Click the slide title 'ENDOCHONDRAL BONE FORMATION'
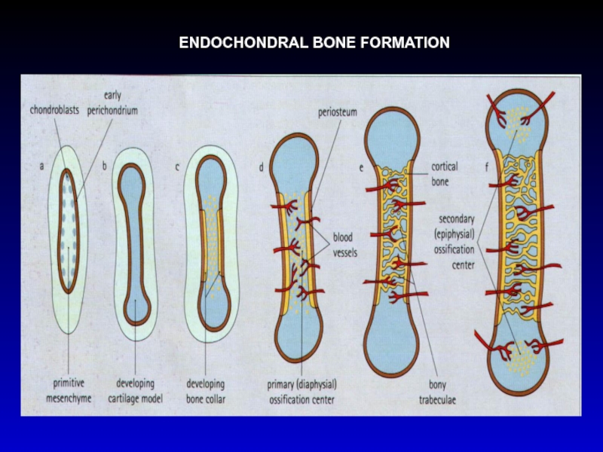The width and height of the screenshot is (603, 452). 314,43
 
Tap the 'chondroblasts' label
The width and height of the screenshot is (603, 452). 54,110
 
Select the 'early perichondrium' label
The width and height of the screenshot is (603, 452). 112,103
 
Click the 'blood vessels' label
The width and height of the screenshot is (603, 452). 345,246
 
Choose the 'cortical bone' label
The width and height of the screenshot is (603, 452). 444,173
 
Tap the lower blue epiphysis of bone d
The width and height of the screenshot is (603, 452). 298,335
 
